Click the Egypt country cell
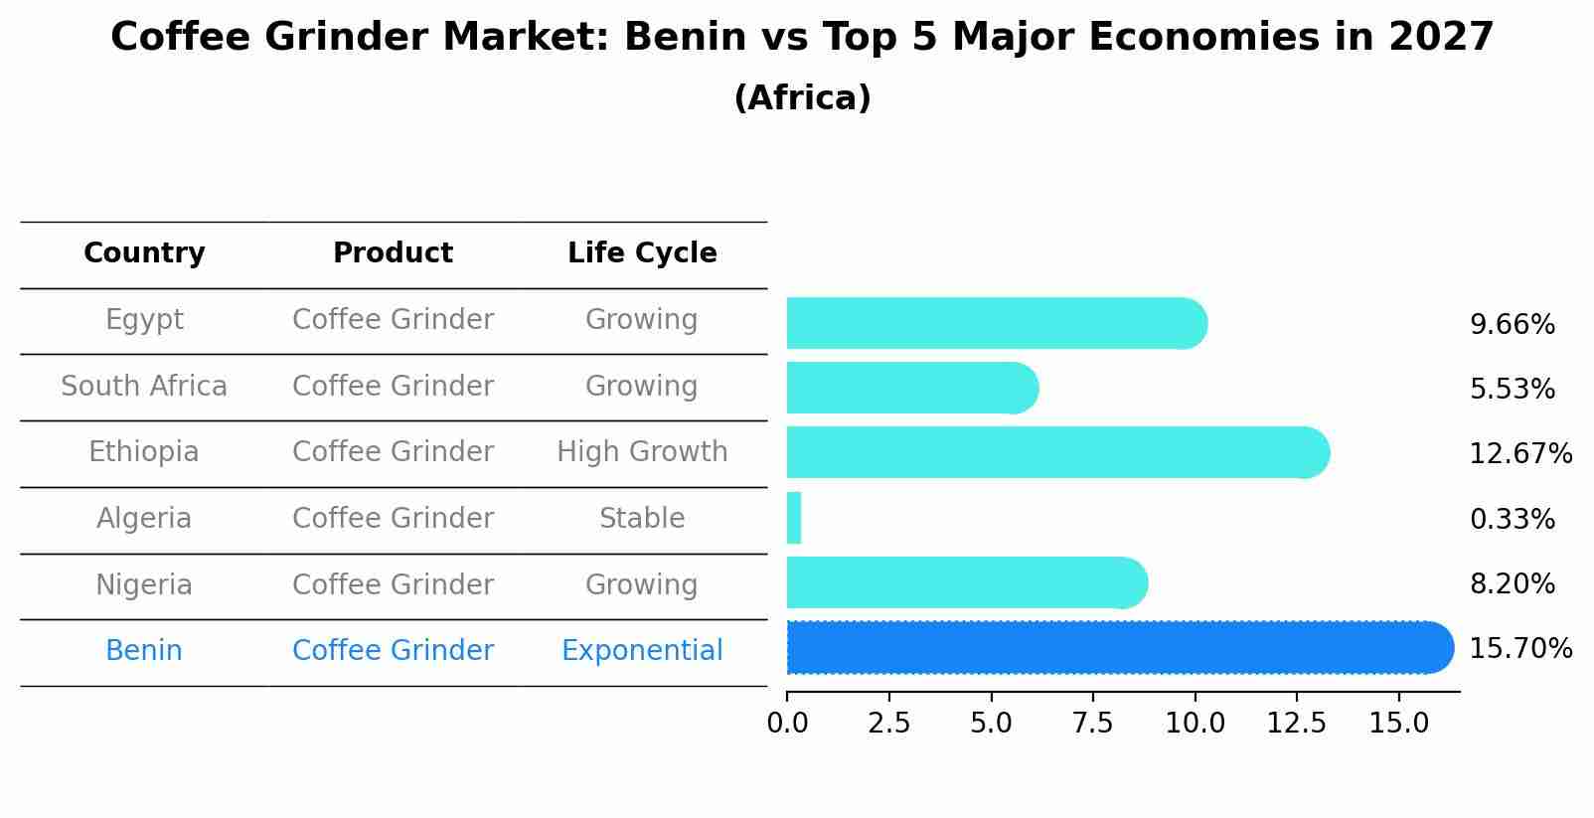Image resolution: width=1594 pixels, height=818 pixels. (144, 320)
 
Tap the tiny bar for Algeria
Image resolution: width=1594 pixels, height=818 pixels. (794, 518)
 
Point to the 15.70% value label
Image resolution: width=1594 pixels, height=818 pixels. (1519, 649)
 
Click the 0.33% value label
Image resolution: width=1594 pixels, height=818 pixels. (1512, 519)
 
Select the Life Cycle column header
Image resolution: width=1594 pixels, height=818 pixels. (642, 253)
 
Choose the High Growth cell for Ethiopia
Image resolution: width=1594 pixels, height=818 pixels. (642, 452)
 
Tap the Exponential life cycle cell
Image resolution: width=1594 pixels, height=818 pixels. (642, 651)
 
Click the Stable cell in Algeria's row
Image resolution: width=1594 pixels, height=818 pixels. (642, 519)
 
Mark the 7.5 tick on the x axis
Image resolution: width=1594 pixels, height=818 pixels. (1092, 724)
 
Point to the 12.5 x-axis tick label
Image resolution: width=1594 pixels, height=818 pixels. (1296, 724)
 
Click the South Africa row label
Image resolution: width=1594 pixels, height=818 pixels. (144, 387)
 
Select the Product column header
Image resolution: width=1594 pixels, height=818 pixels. (393, 253)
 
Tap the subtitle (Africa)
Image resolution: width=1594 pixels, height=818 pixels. (802, 98)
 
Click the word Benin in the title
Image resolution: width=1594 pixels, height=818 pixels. (685, 38)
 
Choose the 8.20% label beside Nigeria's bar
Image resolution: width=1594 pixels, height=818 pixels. (1512, 584)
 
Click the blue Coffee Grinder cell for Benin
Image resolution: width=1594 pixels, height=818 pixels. (393, 651)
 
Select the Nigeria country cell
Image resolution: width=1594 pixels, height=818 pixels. (144, 585)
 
